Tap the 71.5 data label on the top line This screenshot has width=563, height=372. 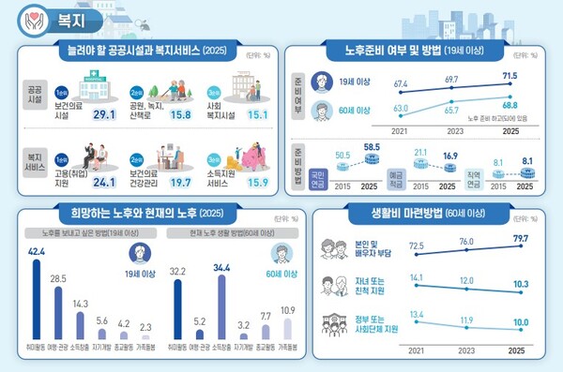510,74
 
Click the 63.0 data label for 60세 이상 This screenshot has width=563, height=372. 402,110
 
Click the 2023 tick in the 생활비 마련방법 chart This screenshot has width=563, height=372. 454,350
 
